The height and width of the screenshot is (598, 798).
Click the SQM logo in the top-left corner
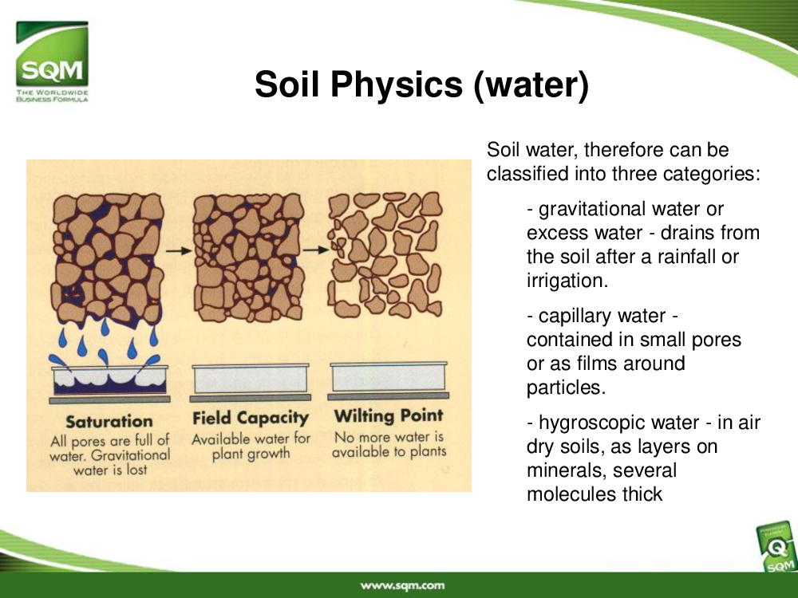pyautogui.click(x=52, y=61)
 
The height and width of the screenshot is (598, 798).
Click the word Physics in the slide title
pyautogui.click(x=397, y=85)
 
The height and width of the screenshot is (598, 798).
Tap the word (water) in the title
pyautogui.click(x=531, y=85)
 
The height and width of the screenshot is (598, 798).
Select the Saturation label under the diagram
pyautogui.click(x=109, y=422)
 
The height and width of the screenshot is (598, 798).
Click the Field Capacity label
pyautogui.click(x=251, y=419)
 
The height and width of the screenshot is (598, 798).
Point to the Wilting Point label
pyautogui.click(x=389, y=416)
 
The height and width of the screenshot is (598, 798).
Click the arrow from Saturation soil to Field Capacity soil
pyautogui.click(x=179, y=250)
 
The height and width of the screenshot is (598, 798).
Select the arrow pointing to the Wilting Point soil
pyautogui.click(x=316, y=250)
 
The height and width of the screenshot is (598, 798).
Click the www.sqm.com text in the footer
pyautogui.click(x=402, y=586)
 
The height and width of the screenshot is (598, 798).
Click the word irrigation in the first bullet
pyautogui.click(x=567, y=281)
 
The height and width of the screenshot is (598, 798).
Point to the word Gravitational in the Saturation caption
pyautogui.click(x=131, y=455)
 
